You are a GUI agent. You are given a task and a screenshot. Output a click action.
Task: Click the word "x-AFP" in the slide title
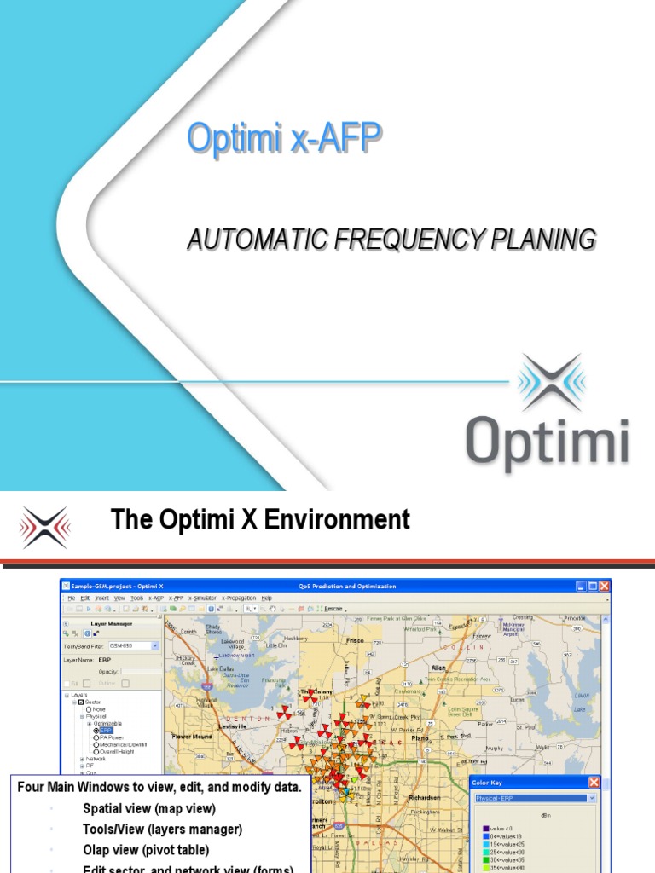point(335,139)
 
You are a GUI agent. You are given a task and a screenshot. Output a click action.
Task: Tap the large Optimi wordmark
point(548,443)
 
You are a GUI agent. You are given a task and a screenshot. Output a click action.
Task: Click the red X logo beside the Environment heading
point(45,526)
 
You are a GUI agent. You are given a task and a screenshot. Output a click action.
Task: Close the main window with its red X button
point(604,586)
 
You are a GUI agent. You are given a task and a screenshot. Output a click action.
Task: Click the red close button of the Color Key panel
point(594,783)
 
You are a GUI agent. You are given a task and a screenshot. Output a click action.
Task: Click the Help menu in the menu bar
point(267,598)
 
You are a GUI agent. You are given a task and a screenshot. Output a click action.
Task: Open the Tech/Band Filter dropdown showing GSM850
point(134,646)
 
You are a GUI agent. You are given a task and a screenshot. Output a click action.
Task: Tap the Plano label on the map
point(420,714)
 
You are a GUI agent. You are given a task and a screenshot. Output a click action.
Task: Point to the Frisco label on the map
point(355,639)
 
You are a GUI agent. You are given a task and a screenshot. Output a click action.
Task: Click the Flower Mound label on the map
point(191,735)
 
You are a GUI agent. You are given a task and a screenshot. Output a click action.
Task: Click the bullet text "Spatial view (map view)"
point(148,808)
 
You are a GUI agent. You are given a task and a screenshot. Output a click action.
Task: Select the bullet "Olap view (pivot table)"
point(145,849)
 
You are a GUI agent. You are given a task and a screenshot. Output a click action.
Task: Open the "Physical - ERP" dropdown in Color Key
point(532,798)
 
